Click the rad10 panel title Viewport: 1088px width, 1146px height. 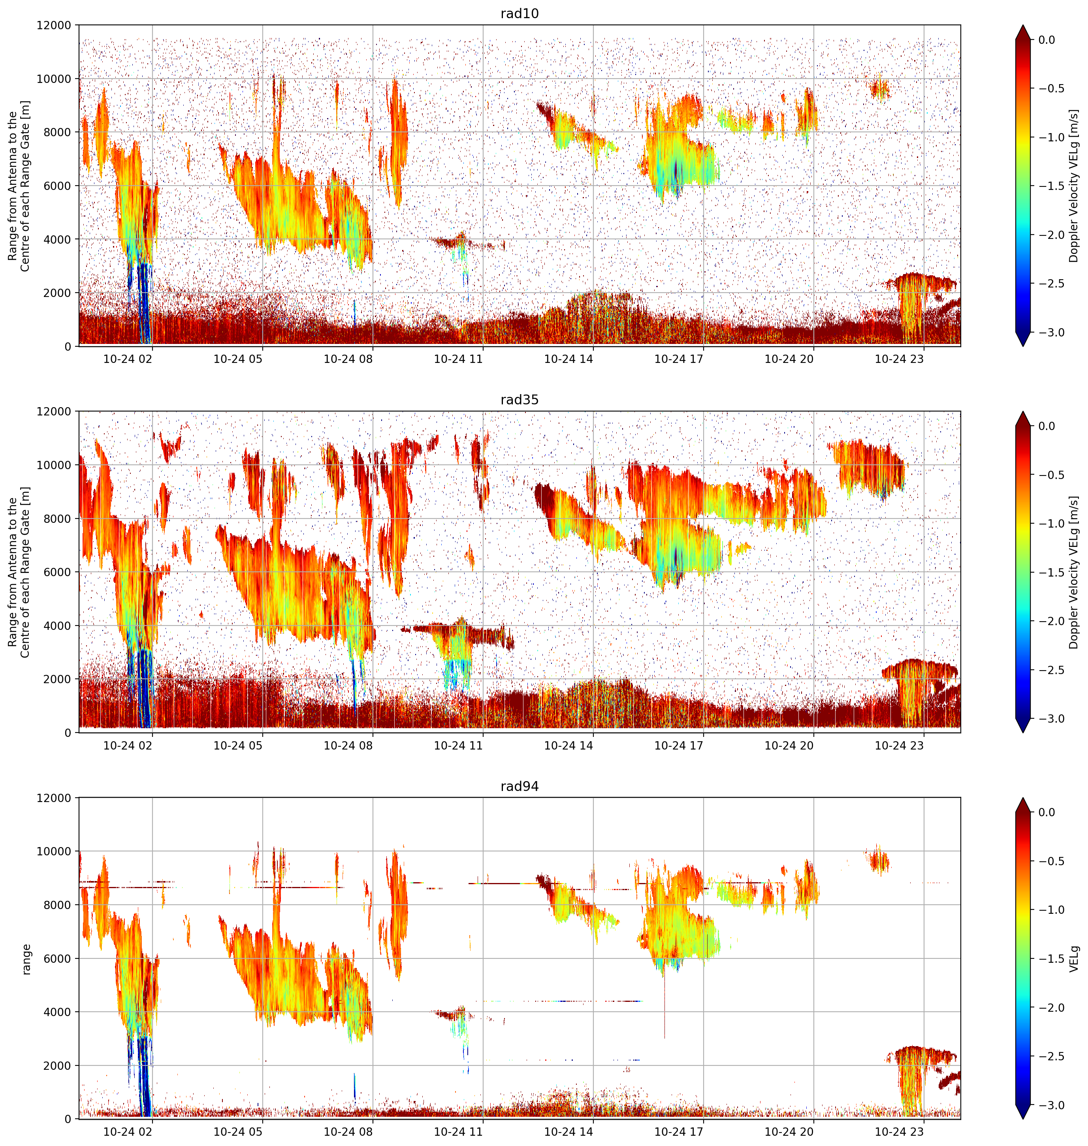520,13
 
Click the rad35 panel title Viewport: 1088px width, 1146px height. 520,399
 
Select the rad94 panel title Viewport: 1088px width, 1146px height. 520,786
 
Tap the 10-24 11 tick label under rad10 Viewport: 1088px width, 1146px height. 458,359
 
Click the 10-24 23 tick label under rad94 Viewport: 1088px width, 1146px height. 899,1131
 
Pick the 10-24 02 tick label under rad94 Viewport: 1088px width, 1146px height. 128,1131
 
